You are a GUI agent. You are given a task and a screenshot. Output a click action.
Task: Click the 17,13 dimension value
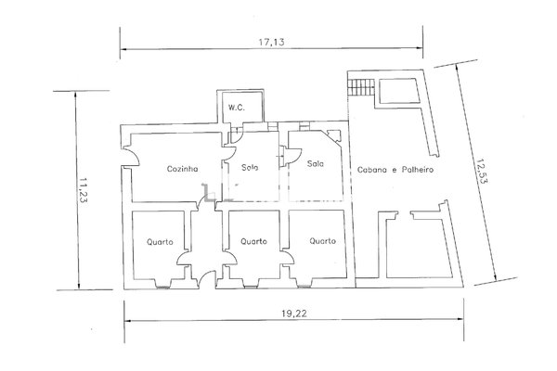click(271, 43)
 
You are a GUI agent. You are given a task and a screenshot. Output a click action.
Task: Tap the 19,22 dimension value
click(294, 313)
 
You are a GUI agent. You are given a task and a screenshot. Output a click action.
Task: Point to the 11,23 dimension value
click(84, 190)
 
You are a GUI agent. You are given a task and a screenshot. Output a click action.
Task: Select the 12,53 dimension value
click(482, 171)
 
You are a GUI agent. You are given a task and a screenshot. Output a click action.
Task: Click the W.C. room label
click(236, 108)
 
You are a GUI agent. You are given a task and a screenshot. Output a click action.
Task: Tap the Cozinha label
click(182, 169)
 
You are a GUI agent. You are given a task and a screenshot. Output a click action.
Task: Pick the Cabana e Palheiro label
click(395, 170)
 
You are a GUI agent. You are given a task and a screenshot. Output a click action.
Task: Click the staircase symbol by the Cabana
click(360, 87)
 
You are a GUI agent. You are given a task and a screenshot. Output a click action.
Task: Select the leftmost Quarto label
click(160, 242)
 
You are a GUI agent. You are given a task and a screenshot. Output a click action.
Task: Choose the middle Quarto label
click(253, 241)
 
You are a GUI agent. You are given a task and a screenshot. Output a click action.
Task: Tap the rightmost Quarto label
click(322, 241)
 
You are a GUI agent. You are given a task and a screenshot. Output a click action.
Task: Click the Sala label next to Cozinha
click(250, 167)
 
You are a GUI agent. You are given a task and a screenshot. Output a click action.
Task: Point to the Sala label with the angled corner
click(316, 163)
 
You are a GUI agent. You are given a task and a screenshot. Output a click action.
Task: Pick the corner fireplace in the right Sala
click(333, 136)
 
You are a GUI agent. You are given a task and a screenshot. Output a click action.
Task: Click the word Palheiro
click(418, 170)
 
